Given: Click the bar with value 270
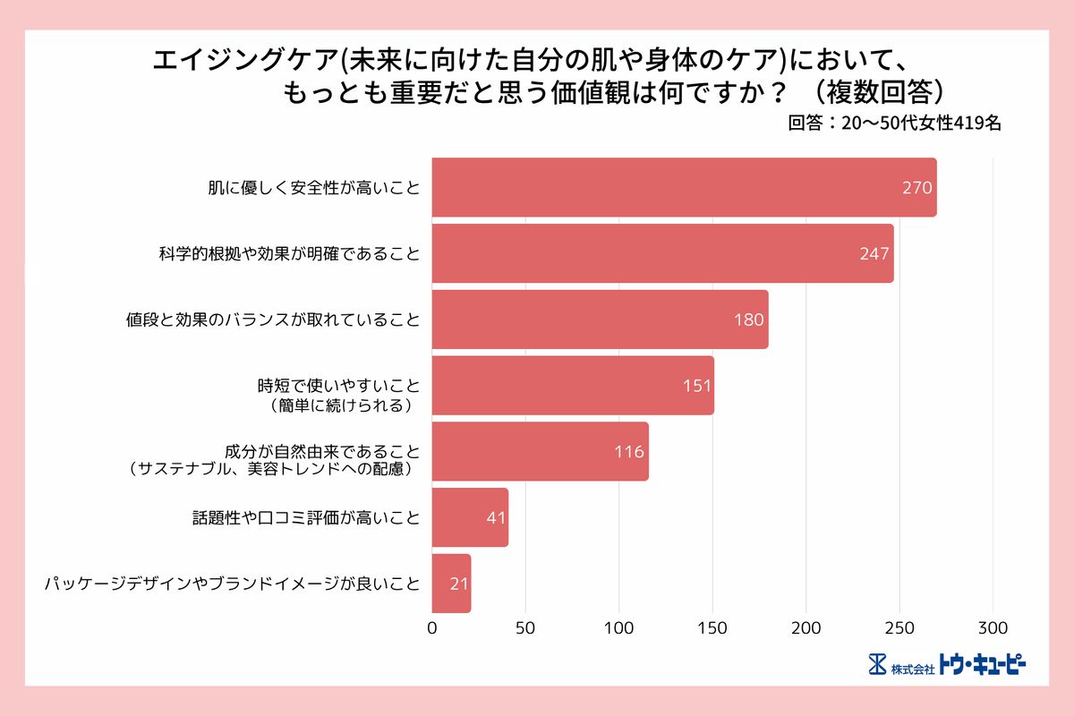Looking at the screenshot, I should pyautogui.click(x=684, y=188).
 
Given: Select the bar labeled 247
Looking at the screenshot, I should pyautogui.click(x=662, y=253).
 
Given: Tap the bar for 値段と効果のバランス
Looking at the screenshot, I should pyautogui.click(x=600, y=320).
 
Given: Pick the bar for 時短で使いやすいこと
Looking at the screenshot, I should pyautogui.click(x=573, y=386).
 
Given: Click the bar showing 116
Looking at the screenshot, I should pyautogui.click(x=540, y=451).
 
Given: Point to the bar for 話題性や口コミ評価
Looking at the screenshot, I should pyautogui.click(x=470, y=517).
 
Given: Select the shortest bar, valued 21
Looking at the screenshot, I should pyautogui.click(x=451, y=584).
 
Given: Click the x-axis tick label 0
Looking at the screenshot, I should pyautogui.click(x=432, y=627).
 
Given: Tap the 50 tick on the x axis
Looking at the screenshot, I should pyautogui.click(x=526, y=627).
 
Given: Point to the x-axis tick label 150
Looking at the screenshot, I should pyautogui.click(x=713, y=627).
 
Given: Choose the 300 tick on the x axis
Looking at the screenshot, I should pyautogui.click(x=993, y=627).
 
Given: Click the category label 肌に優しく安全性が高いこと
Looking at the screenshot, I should pyautogui.click(x=314, y=189).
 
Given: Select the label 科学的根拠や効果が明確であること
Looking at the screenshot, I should pyautogui.click(x=284, y=254).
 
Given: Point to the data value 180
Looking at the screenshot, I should pyautogui.click(x=748, y=320).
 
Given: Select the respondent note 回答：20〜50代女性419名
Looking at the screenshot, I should pyautogui.click(x=894, y=124).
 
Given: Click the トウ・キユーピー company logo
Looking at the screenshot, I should pyautogui.click(x=947, y=665).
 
